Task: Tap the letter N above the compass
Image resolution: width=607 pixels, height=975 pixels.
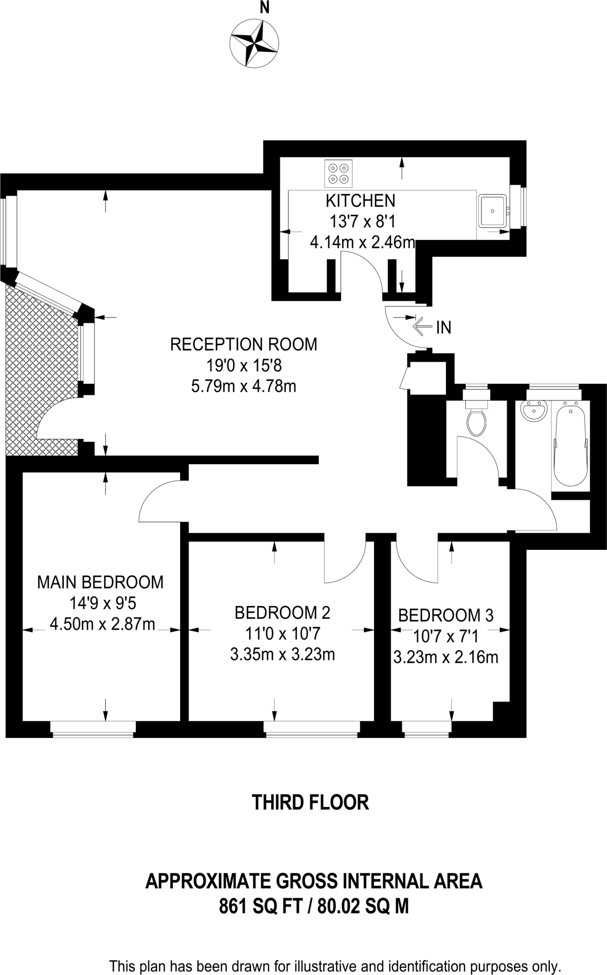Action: [x=263, y=7]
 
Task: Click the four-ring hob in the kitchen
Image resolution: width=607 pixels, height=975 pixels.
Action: [x=338, y=174]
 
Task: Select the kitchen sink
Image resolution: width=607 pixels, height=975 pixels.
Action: [x=493, y=210]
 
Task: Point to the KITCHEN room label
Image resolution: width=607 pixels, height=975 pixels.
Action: [x=360, y=201]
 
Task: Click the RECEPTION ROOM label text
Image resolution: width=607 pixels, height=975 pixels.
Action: [x=243, y=344]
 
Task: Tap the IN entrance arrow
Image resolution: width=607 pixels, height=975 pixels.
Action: [x=422, y=327]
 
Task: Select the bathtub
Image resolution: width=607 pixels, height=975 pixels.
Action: [x=570, y=443]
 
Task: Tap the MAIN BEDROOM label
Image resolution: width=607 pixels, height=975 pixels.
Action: [x=101, y=582]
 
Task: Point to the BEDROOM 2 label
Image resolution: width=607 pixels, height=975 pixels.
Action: [x=282, y=613]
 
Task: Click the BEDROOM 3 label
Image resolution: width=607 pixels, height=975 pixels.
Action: [x=445, y=616]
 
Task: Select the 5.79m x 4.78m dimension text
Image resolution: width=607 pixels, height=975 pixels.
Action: [x=243, y=386]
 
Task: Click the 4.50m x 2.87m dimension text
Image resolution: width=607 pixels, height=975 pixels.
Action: [x=102, y=624]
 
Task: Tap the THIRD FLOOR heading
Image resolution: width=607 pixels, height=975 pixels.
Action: [x=310, y=802]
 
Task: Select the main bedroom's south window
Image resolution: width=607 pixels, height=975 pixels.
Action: [x=93, y=729]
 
